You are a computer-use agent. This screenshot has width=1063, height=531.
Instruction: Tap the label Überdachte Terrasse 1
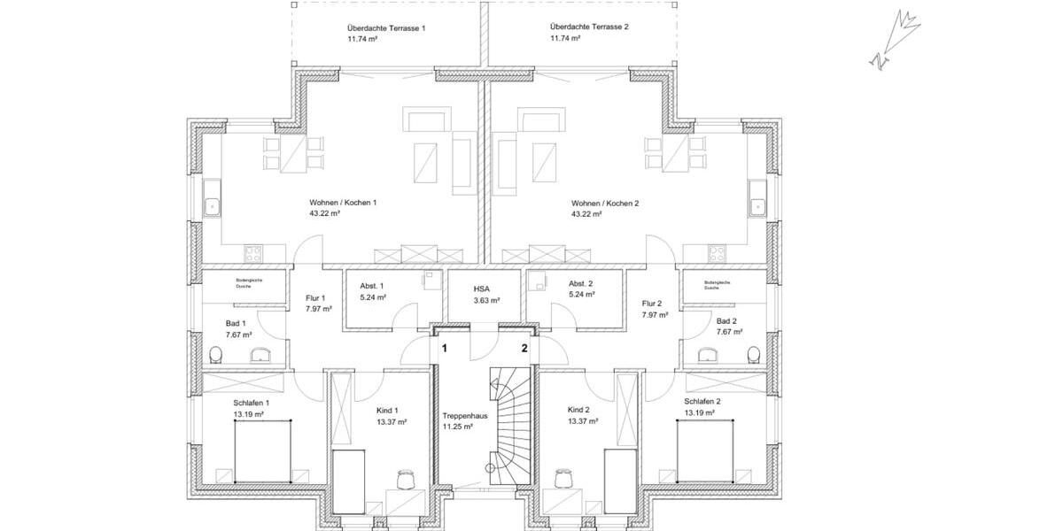(386, 28)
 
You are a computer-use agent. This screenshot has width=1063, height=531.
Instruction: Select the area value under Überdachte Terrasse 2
(563, 38)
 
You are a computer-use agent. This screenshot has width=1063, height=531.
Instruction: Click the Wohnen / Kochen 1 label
(343, 203)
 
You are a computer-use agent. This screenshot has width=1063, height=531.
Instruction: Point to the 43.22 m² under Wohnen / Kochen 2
(586, 213)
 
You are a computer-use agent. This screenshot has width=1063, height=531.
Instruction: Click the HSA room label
(482, 289)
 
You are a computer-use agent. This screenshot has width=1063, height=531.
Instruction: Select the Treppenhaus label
(462, 414)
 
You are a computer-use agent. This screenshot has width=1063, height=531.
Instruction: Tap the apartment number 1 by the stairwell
(445, 349)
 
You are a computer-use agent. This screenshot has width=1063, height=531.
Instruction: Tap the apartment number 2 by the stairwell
(524, 349)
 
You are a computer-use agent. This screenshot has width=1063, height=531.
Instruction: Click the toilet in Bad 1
(215, 355)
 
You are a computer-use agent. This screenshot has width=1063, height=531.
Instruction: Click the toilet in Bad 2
(754, 355)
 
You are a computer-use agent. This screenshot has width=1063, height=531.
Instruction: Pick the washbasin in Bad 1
(262, 356)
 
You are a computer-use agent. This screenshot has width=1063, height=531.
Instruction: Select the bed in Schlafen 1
(263, 450)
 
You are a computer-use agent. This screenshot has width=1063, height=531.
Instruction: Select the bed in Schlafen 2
(706, 450)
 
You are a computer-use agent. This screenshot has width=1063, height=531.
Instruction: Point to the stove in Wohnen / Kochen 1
(253, 252)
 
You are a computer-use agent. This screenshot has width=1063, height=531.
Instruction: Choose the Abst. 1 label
(371, 286)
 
